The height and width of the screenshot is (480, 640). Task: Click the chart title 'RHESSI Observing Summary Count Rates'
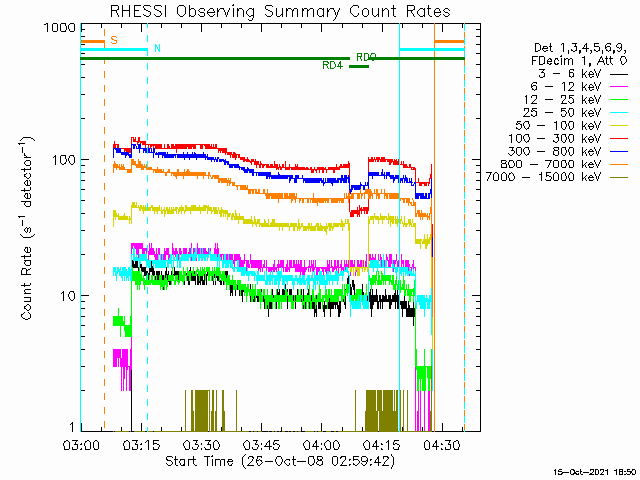279,11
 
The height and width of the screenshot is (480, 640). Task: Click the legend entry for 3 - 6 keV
570,74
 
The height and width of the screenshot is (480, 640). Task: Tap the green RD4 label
333,65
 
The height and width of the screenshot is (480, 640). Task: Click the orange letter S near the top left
113,40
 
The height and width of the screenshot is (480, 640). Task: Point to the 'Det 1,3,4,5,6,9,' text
580,48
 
